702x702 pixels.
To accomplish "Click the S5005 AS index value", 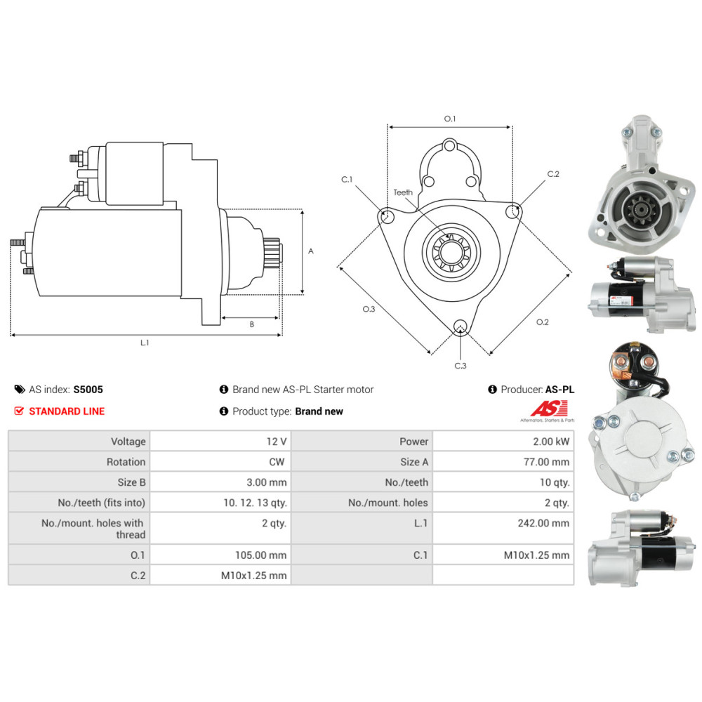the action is coord(88,390).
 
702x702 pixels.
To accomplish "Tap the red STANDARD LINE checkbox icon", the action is coord(19,411).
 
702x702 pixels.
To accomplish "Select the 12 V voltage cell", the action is coord(220,442).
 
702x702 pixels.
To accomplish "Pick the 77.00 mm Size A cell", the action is coord(503,462).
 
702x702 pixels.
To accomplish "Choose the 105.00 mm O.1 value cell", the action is coord(220,555).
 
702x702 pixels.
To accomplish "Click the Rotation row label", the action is coord(126,462).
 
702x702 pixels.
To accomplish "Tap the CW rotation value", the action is coord(277,462).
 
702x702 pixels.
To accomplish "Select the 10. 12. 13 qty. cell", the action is coord(220,503).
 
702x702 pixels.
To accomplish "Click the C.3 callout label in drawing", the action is coord(461,366).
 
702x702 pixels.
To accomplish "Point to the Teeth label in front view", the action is coord(403,192).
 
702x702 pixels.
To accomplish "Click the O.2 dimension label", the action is coord(542,322).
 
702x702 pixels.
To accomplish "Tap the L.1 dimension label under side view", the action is coord(145,343).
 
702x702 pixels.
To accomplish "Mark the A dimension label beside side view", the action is coord(311,251).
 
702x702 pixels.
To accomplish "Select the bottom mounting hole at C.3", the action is coord(460,326).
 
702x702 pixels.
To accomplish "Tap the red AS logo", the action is coord(549,409).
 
